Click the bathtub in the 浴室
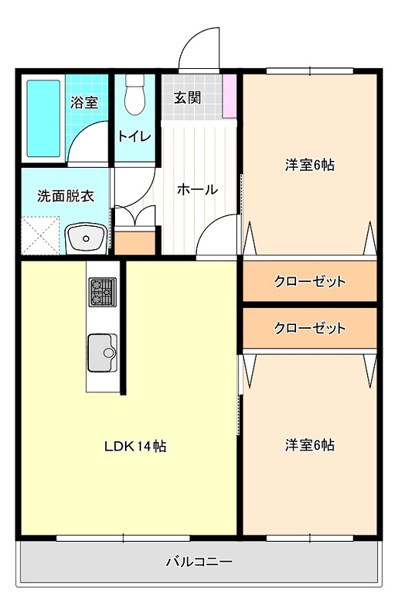(x=43, y=118)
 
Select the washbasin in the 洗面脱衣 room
(x=86, y=238)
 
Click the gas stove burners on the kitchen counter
(x=103, y=292)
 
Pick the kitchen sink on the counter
(x=102, y=352)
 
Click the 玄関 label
(x=187, y=98)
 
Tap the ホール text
(x=197, y=189)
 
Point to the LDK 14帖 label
(x=135, y=446)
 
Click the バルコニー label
(x=199, y=562)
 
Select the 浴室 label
(x=84, y=103)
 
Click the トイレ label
(x=134, y=136)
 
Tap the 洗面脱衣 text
(x=66, y=196)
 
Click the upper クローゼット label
(x=310, y=281)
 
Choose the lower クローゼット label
(x=310, y=328)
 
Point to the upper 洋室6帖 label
(x=310, y=165)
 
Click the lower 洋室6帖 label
(x=310, y=445)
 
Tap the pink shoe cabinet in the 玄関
(x=230, y=95)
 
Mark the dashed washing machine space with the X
(x=41, y=236)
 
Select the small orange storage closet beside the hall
(x=135, y=243)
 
